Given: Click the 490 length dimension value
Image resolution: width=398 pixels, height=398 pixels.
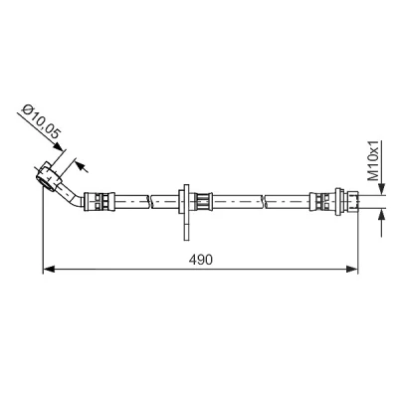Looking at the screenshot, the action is tap(200, 260).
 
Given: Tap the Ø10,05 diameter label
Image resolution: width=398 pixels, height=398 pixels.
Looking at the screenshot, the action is tap(41, 122).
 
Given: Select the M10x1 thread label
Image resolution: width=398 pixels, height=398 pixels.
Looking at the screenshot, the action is tap(374, 160).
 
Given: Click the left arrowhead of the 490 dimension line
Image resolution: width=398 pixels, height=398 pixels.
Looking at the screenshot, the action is tap(49, 269).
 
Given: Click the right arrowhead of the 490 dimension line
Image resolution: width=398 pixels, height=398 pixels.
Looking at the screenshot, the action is tap(352, 269).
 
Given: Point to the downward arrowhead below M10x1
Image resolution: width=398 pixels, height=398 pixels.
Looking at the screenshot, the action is tap(382, 189).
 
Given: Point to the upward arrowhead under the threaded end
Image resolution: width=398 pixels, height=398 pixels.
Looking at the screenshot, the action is tap(382, 215).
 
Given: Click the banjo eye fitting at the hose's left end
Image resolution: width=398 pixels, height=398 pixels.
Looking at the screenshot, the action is tap(49, 176).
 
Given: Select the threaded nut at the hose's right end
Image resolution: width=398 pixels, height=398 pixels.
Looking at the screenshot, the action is tap(351, 202).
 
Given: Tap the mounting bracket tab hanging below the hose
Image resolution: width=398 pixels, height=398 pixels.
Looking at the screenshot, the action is tap(187, 227).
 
